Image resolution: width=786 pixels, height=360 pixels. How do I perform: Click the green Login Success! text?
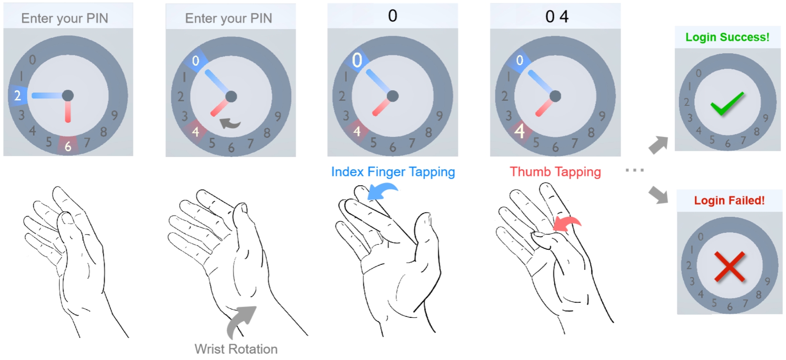tap(727, 37)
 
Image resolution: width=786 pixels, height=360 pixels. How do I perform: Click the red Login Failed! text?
tap(729, 201)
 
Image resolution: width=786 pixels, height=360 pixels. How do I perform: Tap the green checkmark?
tap(727, 103)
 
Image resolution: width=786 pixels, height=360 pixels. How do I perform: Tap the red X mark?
tap(730, 267)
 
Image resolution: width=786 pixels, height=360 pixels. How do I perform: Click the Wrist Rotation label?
tap(236, 349)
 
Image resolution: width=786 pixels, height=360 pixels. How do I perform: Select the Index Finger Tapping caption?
tap(393, 172)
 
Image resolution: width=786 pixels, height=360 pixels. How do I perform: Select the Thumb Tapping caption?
tap(555, 172)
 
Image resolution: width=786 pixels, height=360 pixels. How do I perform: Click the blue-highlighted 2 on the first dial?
tap(18, 96)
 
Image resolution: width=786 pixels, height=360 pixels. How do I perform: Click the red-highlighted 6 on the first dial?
tap(68, 146)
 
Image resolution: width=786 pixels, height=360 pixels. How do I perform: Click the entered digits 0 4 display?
tap(557, 17)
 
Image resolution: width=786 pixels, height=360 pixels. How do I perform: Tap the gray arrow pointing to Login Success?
tap(658, 145)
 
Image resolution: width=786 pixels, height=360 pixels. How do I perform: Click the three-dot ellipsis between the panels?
tap(635, 170)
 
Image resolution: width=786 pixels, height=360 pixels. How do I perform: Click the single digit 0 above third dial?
tap(393, 16)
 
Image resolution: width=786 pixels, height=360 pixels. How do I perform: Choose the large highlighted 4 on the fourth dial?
tap(519, 131)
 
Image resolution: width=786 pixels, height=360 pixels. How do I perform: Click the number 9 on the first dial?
tap(114, 115)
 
